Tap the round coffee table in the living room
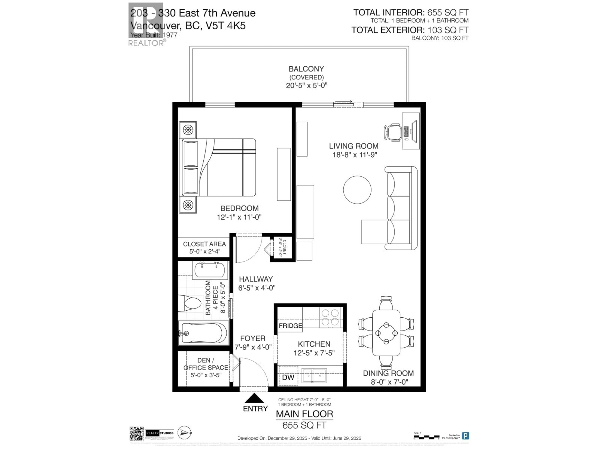357,190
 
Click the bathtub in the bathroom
204,333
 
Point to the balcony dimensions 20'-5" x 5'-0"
307,86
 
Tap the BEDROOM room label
239,208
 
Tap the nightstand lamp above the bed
188,130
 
